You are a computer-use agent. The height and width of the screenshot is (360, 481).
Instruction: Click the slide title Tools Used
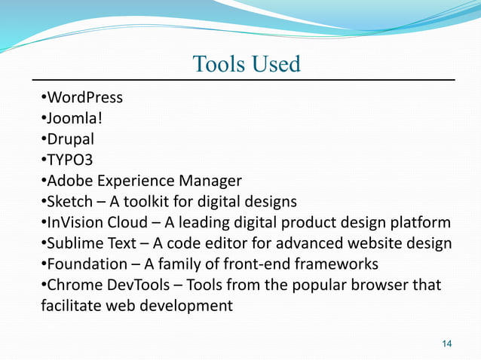pyautogui.click(x=246, y=64)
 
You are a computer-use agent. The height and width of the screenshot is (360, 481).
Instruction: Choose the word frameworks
pyautogui.click(x=337, y=264)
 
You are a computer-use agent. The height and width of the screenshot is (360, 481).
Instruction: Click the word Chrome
pyautogui.click(x=72, y=285)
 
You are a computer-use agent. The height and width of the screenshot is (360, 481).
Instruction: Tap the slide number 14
pyautogui.click(x=446, y=344)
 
